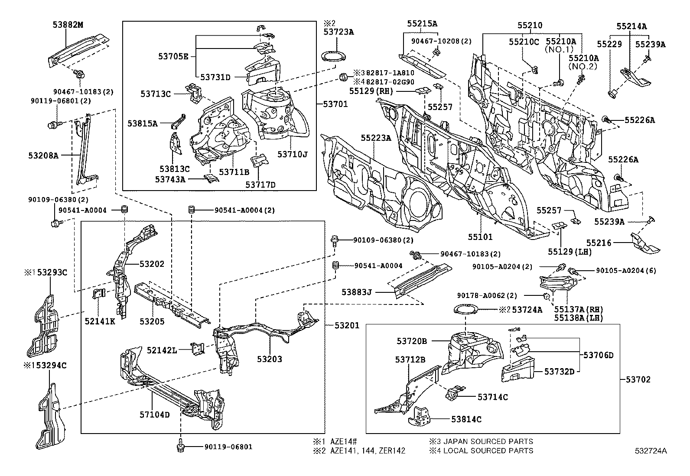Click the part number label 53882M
click(x=68, y=25)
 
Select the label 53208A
click(x=44, y=154)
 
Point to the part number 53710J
click(x=293, y=154)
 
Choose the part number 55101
click(x=480, y=237)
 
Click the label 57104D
click(x=154, y=415)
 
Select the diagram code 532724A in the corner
click(x=651, y=451)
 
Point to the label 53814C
click(x=466, y=419)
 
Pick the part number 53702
click(x=638, y=380)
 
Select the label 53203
click(x=269, y=359)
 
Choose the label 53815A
click(x=142, y=123)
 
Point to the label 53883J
click(x=357, y=292)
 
